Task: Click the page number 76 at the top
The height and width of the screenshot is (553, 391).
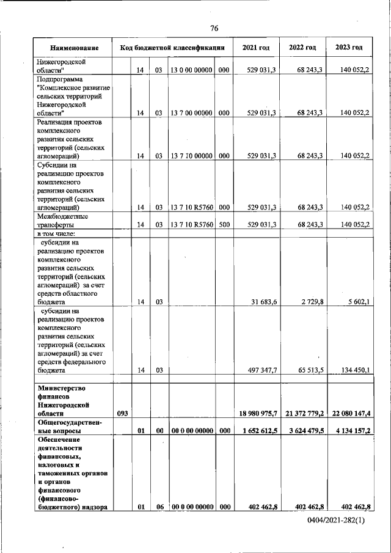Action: click(x=214, y=28)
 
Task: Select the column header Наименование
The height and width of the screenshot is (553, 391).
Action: click(x=75, y=48)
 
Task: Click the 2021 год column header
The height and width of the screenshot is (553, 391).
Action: click(x=255, y=48)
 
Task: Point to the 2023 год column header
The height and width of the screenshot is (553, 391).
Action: click(x=349, y=48)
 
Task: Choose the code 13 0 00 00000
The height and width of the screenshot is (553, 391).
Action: click(x=191, y=71)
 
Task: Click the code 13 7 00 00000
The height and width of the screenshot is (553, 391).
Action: click(x=191, y=113)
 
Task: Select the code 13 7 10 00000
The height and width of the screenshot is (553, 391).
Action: click(x=191, y=156)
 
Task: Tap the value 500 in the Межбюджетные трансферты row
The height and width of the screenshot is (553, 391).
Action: click(x=224, y=225)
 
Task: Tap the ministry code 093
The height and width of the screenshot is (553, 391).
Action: click(x=122, y=414)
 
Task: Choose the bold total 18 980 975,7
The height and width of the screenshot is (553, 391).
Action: click(x=256, y=414)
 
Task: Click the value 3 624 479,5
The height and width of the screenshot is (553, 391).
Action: click(x=303, y=431)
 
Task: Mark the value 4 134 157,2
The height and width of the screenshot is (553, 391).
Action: click(x=349, y=431)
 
